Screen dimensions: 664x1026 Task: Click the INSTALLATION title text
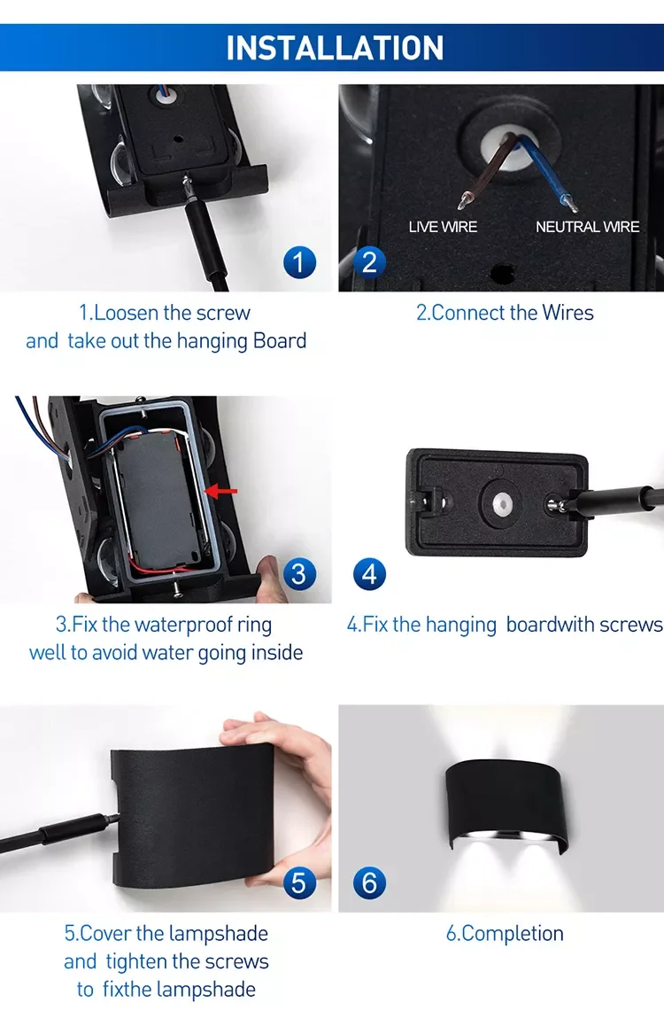click(x=335, y=48)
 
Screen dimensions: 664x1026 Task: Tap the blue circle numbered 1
click(x=299, y=262)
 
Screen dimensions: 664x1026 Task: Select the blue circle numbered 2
click(x=369, y=262)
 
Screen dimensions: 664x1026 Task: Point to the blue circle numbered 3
click(x=299, y=574)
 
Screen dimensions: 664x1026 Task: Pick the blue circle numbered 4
click(x=369, y=574)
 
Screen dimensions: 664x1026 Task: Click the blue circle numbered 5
click(x=299, y=882)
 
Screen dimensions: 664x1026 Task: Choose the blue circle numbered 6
click(x=369, y=882)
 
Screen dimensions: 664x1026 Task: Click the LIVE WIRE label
click(x=443, y=227)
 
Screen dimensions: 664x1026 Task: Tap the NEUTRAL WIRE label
click(x=588, y=227)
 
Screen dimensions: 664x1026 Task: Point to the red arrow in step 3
click(x=220, y=490)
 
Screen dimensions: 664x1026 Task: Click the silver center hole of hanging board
click(x=500, y=502)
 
